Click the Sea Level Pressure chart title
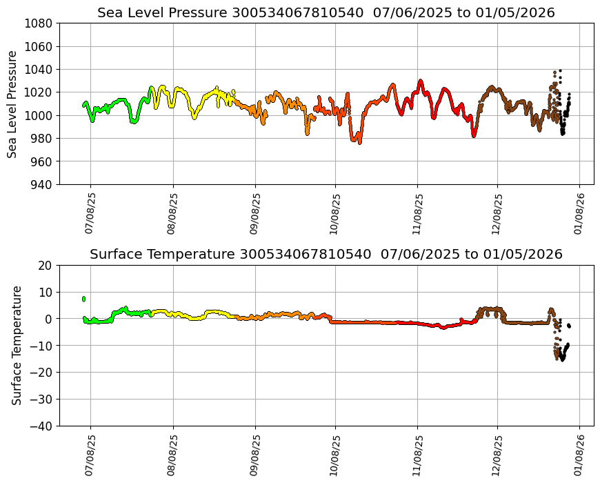(326, 12)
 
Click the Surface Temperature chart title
(326, 254)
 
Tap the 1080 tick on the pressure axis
(39, 23)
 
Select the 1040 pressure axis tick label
(39, 69)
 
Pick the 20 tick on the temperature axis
(46, 265)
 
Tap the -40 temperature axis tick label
(42, 426)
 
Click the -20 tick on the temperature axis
(42, 373)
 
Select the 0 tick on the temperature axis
(49, 319)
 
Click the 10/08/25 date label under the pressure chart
(335, 213)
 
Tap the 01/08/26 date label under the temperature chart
(579, 455)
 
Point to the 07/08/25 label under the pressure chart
(90, 213)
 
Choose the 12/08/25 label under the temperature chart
(497, 455)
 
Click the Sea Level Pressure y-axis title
(13, 103)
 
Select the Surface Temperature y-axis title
(17, 345)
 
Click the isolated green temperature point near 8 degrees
(83, 299)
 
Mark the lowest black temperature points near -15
(563, 358)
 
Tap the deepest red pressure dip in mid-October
(359, 141)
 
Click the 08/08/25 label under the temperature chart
(172, 455)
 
